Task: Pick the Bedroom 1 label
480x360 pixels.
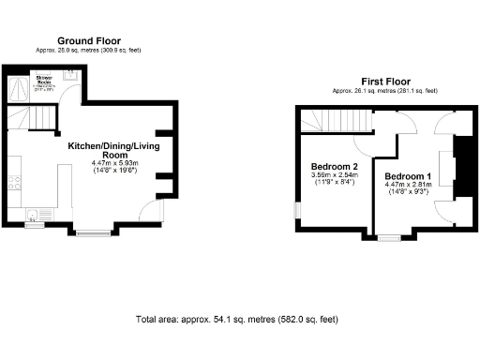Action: pos(409,177)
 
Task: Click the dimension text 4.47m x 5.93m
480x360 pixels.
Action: pos(113,163)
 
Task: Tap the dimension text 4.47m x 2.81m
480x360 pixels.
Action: pos(409,186)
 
